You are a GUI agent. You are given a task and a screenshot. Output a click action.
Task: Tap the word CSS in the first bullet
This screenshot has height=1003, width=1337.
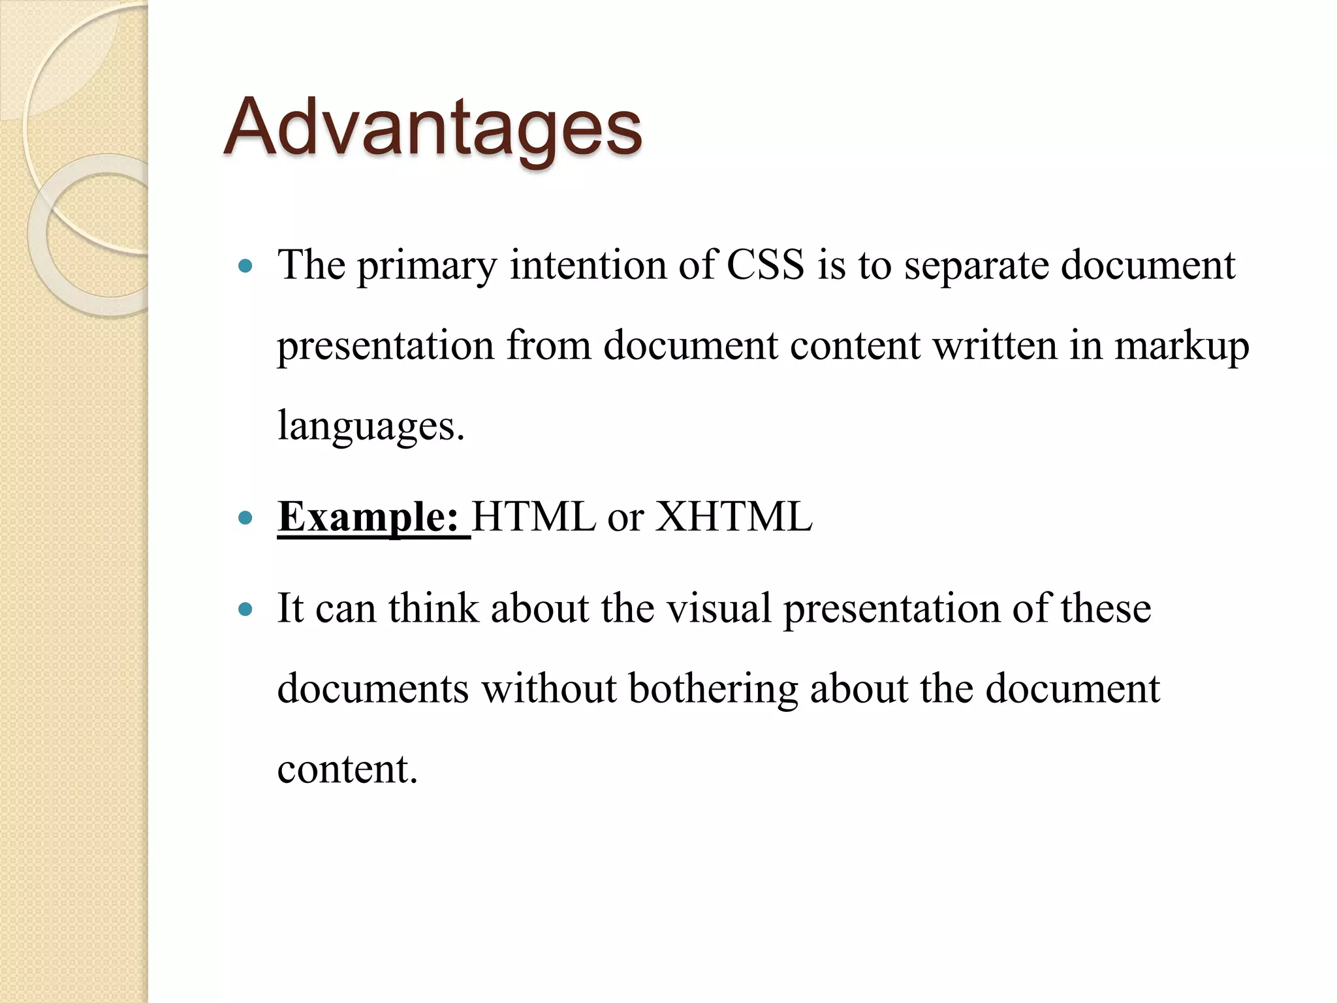tap(765, 266)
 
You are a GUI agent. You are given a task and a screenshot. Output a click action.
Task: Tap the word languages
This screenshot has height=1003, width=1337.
tap(371, 426)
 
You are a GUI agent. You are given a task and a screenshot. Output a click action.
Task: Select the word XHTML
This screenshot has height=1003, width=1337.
tap(734, 518)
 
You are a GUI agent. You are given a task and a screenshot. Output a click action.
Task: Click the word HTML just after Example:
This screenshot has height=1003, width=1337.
tap(533, 518)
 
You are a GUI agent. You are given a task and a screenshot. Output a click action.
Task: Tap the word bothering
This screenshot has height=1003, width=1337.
tap(713, 690)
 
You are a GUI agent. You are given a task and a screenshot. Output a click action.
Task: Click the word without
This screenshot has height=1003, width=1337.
tap(549, 688)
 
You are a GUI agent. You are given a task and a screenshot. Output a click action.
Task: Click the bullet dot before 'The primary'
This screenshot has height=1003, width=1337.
tap(245, 266)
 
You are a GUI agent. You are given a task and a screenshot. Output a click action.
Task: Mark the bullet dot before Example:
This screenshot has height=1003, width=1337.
tap(245, 518)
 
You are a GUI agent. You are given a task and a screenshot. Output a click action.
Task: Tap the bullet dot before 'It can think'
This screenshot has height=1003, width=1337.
tap(245, 609)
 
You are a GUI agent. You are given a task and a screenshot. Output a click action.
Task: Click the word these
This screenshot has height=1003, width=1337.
tap(1105, 608)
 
